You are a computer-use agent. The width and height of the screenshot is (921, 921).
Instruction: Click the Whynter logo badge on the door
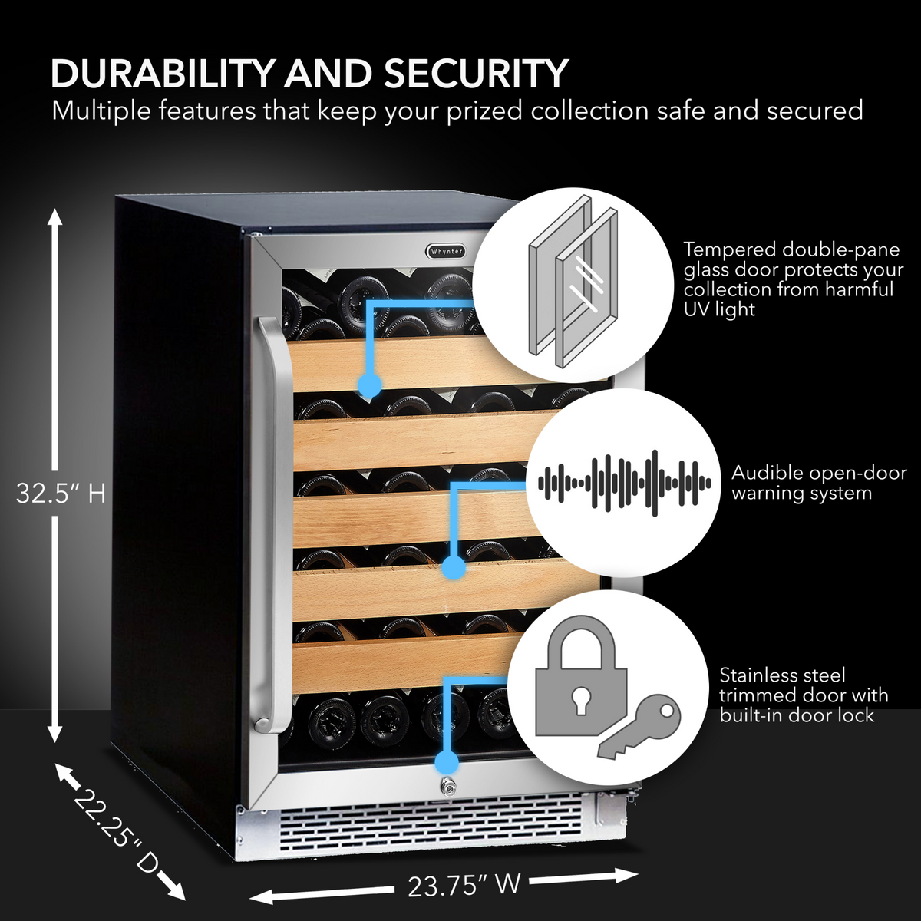(x=446, y=251)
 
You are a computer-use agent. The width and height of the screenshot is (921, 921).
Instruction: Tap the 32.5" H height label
(x=61, y=493)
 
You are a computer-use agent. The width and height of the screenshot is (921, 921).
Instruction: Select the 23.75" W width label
(x=464, y=885)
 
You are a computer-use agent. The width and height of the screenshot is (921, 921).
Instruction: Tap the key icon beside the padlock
(x=640, y=728)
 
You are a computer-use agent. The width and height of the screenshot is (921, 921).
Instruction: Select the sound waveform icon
(x=624, y=483)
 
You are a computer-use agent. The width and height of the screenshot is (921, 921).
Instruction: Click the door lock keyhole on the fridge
(x=446, y=787)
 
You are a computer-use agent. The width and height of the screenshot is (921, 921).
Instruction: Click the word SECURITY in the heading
(x=475, y=74)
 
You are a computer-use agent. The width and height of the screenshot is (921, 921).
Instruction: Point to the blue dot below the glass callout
(x=370, y=385)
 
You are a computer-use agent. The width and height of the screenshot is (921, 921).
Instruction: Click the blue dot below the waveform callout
(x=454, y=569)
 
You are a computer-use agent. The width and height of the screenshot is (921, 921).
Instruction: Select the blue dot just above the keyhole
(x=446, y=761)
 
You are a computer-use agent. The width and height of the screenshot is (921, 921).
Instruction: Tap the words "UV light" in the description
(x=719, y=309)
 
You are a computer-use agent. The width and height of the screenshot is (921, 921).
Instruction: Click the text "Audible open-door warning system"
(x=818, y=483)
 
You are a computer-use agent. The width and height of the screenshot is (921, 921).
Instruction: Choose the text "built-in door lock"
(x=796, y=715)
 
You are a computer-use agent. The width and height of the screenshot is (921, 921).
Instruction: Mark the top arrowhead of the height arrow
(x=54, y=216)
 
